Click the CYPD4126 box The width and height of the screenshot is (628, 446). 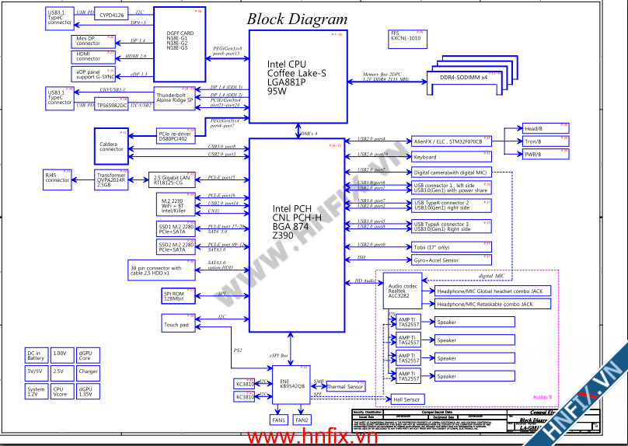click(x=113, y=16)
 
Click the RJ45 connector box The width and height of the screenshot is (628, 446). click(x=58, y=179)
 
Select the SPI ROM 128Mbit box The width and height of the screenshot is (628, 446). click(x=174, y=295)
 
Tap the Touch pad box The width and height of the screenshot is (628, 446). click(x=177, y=325)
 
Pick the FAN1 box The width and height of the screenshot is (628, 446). click(x=278, y=420)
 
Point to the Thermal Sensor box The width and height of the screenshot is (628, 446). click(x=345, y=386)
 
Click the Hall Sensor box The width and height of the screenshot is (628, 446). click(x=406, y=399)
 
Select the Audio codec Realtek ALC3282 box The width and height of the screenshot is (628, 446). click(x=402, y=290)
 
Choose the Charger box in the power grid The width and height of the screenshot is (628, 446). click(x=89, y=372)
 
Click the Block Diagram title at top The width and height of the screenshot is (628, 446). click(x=297, y=19)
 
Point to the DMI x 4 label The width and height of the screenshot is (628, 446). click(x=309, y=134)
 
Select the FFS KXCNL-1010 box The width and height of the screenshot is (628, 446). click(x=406, y=36)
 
